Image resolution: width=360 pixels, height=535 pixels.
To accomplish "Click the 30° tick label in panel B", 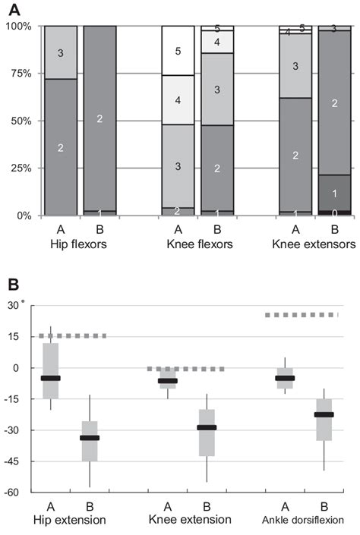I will coord(17,304).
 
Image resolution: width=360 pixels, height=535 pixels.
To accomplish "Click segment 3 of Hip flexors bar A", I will coord(60,52).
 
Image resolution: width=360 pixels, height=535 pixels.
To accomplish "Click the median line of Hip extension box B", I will coord(90,438).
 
